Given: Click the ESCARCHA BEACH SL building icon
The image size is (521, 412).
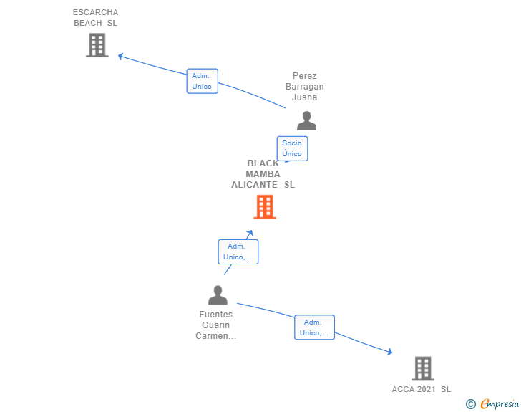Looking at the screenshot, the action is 97,45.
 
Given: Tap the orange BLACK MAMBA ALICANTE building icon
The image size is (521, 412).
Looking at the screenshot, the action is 265,206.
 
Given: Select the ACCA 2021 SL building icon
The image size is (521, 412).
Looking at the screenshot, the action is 423,368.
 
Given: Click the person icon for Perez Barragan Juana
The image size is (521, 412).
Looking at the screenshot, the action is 306,121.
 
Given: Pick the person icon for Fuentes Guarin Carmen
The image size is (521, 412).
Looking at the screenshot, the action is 218,295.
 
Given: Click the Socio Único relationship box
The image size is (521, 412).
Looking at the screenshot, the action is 293,148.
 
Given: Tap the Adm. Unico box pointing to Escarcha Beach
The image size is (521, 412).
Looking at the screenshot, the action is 202,81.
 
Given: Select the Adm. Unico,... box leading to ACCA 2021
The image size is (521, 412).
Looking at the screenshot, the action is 314,327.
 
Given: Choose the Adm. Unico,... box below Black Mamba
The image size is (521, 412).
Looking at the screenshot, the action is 238,252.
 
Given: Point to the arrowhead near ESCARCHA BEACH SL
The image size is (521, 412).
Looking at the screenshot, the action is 120,56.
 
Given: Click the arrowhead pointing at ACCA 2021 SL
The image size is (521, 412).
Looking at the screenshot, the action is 391,352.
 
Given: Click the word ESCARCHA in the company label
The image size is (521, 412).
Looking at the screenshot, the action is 95,12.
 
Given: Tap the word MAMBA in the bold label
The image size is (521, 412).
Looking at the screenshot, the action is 263,173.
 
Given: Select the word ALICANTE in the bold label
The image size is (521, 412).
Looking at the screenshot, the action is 254,184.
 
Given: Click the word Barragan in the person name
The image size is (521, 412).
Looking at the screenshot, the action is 304,87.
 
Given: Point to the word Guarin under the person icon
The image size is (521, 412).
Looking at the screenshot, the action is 215,325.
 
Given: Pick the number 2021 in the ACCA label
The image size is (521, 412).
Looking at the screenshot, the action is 426,389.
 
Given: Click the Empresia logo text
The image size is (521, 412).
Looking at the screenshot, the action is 500,403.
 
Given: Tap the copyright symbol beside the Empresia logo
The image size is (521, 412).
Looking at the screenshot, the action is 470,404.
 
